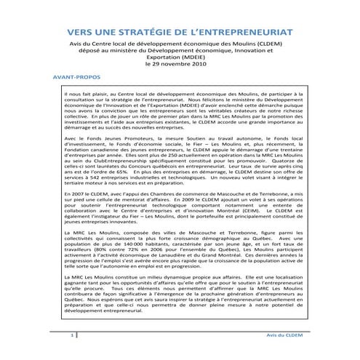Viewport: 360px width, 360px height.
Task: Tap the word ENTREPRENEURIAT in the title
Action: [255, 33]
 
